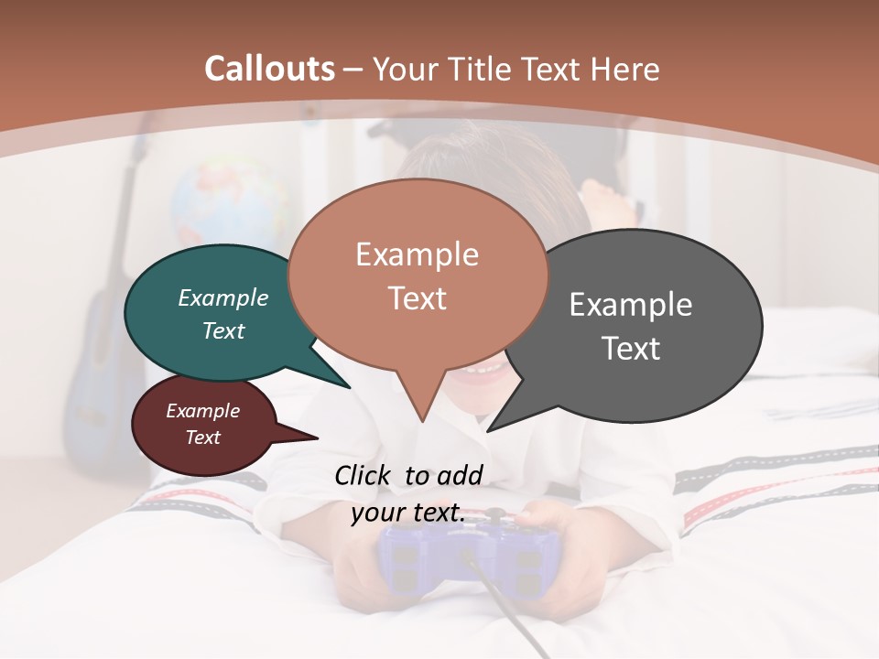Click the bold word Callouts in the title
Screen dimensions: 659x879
click(x=269, y=69)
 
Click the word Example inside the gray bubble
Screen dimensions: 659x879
click(x=630, y=305)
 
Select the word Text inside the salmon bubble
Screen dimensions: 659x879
click(x=417, y=298)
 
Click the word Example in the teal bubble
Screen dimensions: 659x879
click(x=222, y=297)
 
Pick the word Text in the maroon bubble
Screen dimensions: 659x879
click(x=202, y=438)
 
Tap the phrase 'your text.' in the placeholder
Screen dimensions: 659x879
click(x=407, y=513)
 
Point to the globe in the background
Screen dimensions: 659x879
click(x=229, y=206)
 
